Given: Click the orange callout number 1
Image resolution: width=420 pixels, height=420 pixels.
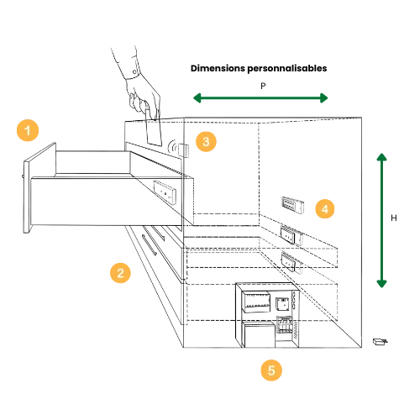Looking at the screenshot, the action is (x=28, y=130).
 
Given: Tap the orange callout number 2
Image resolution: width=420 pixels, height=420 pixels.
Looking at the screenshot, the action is (x=120, y=273).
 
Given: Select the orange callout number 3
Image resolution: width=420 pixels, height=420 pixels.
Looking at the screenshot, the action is (x=206, y=141).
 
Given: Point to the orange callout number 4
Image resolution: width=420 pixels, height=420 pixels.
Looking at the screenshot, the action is (x=325, y=209).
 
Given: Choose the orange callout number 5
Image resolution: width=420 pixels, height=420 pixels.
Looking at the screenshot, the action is (x=271, y=370).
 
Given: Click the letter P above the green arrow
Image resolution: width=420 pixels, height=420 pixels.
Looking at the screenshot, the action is (x=263, y=86).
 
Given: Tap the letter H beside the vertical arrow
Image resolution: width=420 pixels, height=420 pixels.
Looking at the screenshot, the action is (x=394, y=218).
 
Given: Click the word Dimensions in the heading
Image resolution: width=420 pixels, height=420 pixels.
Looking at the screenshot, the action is (x=218, y=68).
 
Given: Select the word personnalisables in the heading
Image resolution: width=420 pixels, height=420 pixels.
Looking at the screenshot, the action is (x=287, y=69).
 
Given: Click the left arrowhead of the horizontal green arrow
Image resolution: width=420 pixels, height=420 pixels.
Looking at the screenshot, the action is (x=197, y=98).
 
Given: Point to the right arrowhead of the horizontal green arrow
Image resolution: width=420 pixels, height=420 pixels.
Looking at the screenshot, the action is (x=324, y=98).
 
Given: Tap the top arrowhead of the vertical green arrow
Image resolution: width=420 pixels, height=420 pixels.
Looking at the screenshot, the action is (x=381, y=157).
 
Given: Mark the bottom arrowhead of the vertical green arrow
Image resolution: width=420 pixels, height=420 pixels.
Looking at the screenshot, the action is (x=381, y=284).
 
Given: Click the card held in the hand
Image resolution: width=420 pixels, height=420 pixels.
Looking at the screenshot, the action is (x=154, y=129).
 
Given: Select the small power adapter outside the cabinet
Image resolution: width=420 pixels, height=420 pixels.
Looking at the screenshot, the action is (x=380, y=342).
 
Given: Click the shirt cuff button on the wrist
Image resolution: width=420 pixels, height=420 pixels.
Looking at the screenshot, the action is (x=134, y=72).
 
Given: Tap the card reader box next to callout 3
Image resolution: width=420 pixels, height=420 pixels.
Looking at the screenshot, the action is (x=184, y=150).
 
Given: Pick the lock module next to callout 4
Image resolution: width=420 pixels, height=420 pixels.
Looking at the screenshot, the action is (x=292, y=205).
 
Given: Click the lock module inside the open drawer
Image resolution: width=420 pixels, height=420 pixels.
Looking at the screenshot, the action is (x=165, y=192).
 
